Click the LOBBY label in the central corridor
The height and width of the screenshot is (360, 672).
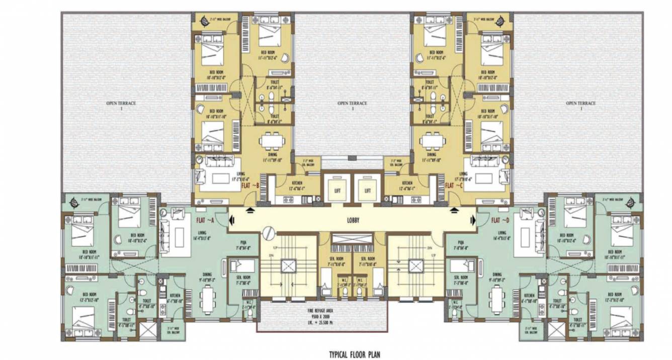353,220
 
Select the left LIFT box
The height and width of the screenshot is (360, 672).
337,191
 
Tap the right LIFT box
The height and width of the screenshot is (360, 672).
368,191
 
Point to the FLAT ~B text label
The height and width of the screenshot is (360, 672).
250,185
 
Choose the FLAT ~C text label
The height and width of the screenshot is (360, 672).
454,185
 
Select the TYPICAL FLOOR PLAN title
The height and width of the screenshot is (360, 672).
355,354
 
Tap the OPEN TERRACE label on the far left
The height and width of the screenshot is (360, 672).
121,104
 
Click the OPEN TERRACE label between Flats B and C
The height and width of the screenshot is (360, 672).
352,104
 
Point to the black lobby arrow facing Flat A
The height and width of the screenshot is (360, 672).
232,220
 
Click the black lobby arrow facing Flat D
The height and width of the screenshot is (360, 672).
472,220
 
